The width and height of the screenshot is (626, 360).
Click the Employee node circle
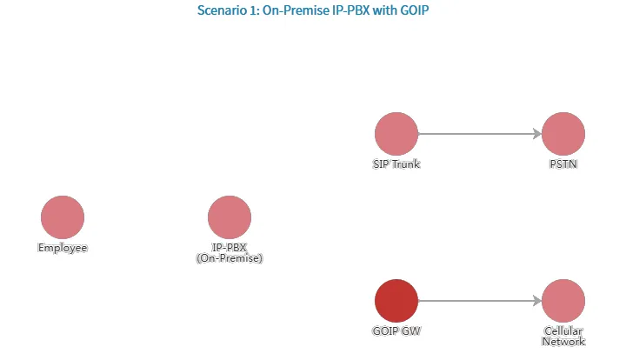pos(63,217)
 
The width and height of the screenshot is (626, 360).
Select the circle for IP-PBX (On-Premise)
pos(230,217)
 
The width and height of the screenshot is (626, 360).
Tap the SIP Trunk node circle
pos(396,134)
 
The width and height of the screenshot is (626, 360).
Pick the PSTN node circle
pos(563,134)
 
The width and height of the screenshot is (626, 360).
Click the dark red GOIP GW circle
pos(396,301)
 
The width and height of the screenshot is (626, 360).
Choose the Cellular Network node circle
pos(563,301)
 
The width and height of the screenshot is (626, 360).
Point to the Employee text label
pos(63,248)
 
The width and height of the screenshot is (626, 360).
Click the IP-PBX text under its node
pos(230,248)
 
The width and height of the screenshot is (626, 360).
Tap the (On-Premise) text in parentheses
pos(230,258)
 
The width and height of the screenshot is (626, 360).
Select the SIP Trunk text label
pos(396,164)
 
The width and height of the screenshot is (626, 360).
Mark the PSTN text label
pos(563,164)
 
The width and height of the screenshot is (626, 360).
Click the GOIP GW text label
pos(396,331)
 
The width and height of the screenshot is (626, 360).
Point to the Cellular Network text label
pos(563,337)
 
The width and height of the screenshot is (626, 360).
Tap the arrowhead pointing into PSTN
pos(536,134)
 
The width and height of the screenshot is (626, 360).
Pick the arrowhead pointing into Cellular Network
pos(536,301)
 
